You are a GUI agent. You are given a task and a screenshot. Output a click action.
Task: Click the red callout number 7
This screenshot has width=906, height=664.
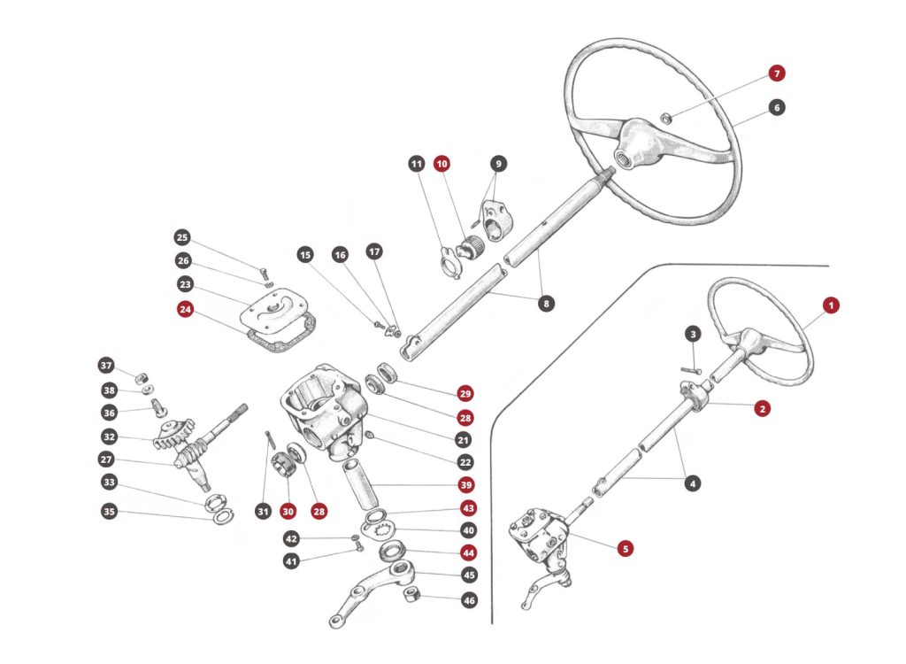[x=776, y=73]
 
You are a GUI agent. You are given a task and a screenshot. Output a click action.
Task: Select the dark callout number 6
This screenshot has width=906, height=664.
[x=776, y=107]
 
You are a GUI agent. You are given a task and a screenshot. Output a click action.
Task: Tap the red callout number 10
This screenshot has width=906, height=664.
[x=441, y=164]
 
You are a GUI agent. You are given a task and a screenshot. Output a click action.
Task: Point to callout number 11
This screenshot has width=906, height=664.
[x=417, y=164]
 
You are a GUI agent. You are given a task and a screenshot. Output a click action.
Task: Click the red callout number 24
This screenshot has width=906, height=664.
[x=185, y=310]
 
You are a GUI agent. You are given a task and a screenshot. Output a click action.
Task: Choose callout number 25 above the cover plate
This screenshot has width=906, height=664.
[x=182, y=237]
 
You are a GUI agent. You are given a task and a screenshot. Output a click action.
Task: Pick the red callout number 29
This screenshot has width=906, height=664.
[x=465, y=393]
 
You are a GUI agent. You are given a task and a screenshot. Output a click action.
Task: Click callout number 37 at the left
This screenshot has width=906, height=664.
[x=106, y=366]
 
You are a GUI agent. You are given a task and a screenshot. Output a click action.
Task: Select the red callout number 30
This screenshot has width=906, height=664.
[x=288, y=511]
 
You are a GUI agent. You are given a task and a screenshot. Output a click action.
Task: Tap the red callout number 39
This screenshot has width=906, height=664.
[x=465, y=485]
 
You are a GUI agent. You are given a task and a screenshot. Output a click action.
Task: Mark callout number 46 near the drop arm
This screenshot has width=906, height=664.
[x=469, y=600]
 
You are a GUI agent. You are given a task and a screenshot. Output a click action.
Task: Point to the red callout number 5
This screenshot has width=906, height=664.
[x=626, y=549]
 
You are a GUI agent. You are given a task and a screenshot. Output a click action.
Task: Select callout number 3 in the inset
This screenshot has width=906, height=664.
[x=693, y=334]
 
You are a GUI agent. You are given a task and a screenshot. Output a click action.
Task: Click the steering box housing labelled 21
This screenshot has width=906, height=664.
[x=324, y=412]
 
